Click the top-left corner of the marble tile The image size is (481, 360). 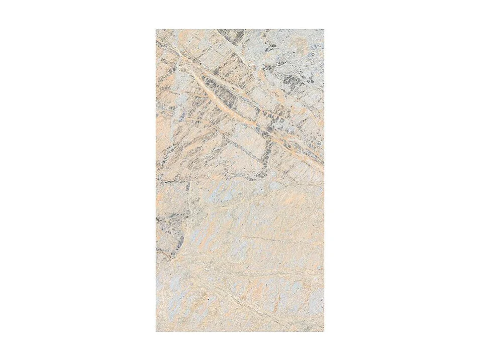(x=156, y=29)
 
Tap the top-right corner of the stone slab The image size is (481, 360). (x=324, y=29)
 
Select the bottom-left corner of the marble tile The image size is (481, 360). (x=156, y=331)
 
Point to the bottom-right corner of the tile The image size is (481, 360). (x=324, y=331)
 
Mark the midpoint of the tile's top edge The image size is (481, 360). (x=240, y=29)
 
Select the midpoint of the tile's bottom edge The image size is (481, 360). (x=240, y=331)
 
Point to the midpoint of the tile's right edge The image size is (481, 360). (x=324, y=180)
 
